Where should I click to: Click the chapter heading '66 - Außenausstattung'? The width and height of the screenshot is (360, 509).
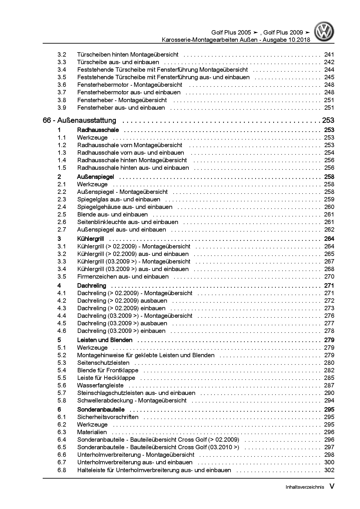[x=79, y=120]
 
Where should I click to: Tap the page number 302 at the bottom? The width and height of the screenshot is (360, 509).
[x=329, y=470]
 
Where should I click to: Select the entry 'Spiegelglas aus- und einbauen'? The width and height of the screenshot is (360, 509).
[x=118, y=199]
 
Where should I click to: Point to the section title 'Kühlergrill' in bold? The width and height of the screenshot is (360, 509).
[x=91, y=239]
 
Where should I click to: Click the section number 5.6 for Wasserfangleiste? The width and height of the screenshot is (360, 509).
[x=62, y=385]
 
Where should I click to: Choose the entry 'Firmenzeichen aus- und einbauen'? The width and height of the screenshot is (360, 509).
[x=123, y=277]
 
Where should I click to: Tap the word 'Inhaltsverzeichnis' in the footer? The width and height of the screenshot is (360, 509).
[x=305, y=487]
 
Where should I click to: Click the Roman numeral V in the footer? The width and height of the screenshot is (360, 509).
[x=332, y=487]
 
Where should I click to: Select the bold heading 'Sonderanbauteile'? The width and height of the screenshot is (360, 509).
[x=101, y=409]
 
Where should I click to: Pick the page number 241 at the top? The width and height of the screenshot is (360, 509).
[x=329, y=54]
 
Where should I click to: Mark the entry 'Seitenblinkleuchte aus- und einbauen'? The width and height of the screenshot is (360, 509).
[x=128, y=222]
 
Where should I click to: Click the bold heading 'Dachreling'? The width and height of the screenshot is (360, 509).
[x=91, y=286]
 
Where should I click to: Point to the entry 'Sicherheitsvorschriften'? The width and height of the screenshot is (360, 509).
[x=108, y=417]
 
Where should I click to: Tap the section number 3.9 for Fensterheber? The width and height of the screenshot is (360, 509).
[x=62, y=108]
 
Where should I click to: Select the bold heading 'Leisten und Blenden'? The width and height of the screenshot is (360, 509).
[x=105, y=340]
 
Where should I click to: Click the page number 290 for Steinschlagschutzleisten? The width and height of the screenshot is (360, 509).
[x=329, y=393]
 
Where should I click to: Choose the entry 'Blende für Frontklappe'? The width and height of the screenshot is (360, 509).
[x=108, y=370]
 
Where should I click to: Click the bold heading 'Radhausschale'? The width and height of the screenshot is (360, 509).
[x=98, y=130]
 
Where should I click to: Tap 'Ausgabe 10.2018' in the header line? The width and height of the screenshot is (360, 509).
[x=286, y=40]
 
